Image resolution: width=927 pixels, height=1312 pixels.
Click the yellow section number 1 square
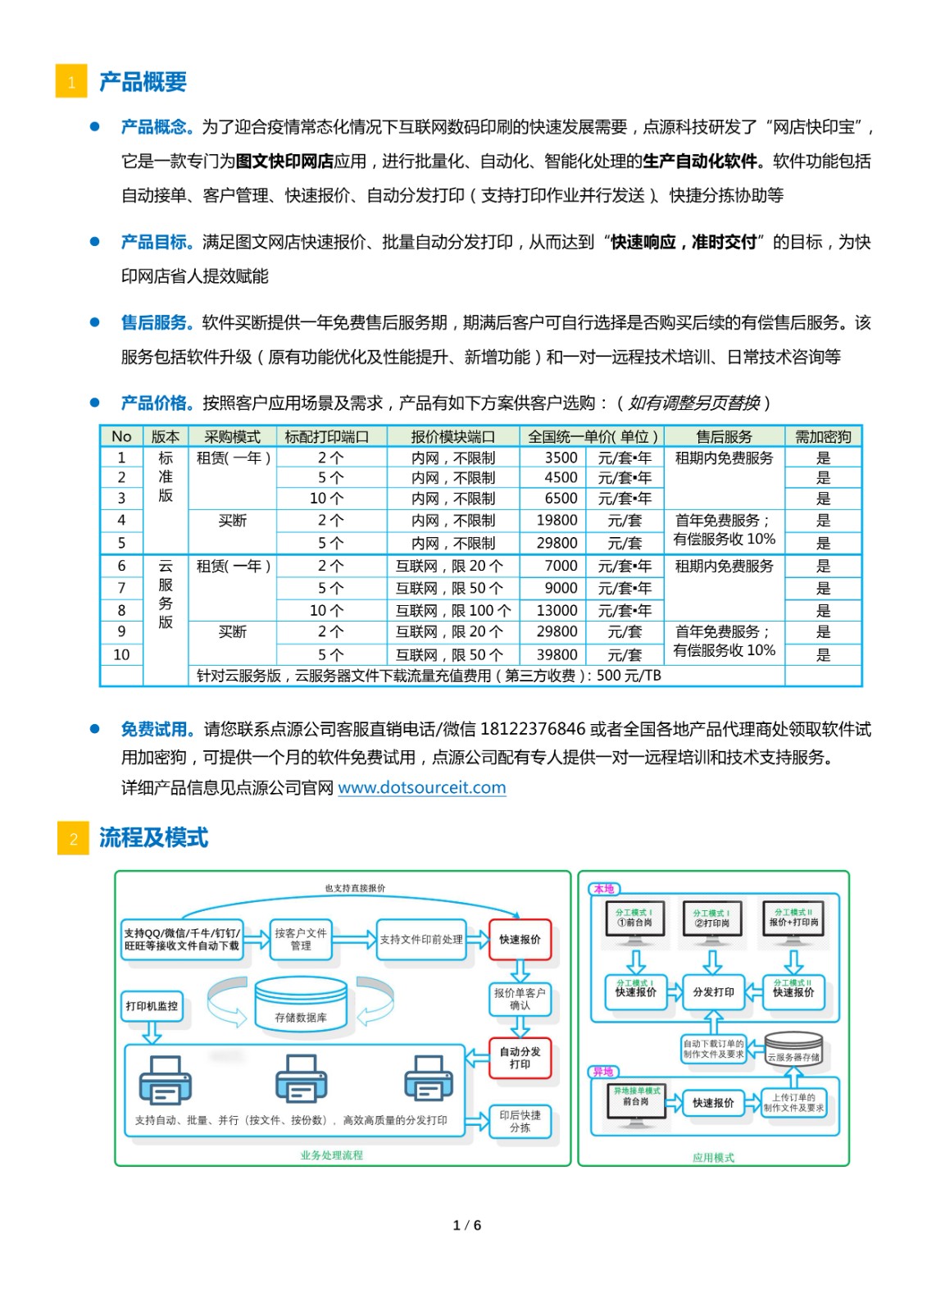[x=71, y=81]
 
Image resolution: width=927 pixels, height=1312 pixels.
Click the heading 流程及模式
[x=153, y=837]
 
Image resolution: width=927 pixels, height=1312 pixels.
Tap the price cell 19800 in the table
[x=557, y=520]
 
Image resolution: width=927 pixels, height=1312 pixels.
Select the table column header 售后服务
[x=724, y=436]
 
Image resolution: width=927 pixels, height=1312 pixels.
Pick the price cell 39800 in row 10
[x=557, y=654]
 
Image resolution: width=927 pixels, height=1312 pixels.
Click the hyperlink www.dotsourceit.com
[x=421, y=787]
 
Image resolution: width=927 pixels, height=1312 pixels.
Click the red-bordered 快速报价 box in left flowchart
[x=520, y=939]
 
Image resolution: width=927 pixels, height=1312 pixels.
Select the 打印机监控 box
[x=152, y=1005]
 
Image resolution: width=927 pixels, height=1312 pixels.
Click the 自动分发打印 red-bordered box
[x=520, y=1058]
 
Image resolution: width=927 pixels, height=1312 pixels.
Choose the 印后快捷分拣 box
[x=520, y=1121]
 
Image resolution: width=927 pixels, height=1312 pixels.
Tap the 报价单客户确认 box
[x=520, y=999]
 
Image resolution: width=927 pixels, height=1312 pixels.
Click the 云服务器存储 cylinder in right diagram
[x=793, y=1049]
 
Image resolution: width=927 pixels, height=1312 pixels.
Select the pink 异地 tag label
[x=603, y=1072]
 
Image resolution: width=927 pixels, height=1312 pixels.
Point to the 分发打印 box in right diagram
[x=713, y=991]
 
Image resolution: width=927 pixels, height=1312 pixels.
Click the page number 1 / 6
[x=466, y=1225]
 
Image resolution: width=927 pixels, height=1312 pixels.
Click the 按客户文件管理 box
[x=301, y=939]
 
